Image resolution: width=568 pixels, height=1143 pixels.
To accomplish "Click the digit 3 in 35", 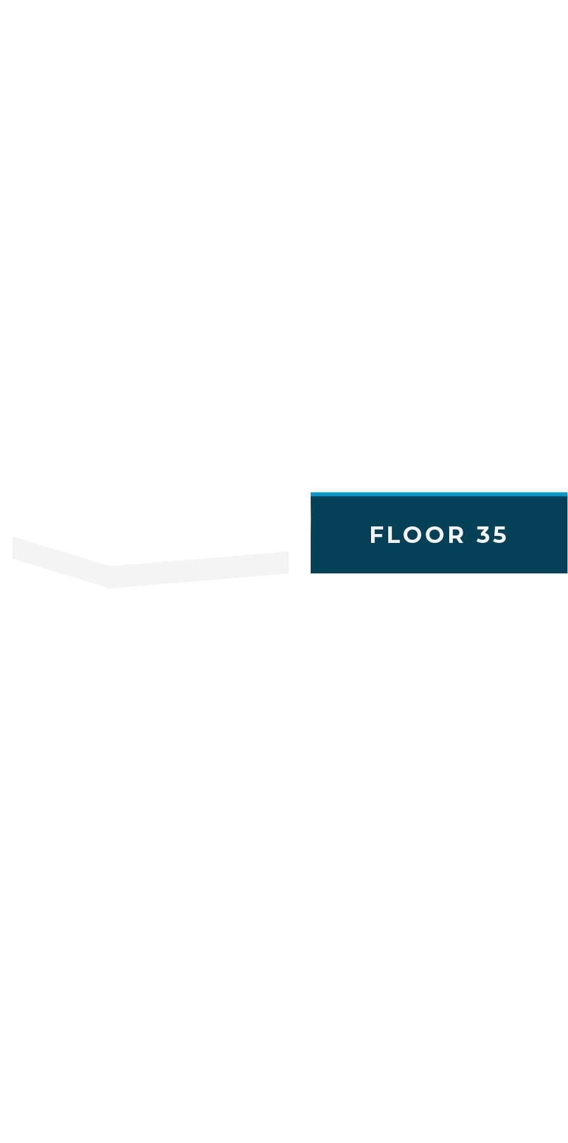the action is click(483, 535).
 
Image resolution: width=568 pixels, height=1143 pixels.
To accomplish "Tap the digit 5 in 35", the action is click(500, 535).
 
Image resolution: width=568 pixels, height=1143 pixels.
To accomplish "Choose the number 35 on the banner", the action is click(492, 535).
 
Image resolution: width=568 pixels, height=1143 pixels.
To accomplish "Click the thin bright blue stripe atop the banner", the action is click(439, 494).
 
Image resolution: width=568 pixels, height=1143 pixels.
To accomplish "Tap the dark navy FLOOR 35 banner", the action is click(439, 533).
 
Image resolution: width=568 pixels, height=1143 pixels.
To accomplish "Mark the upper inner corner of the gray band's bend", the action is click(110, 566).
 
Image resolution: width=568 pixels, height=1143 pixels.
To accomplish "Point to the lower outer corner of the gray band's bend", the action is click(110, 588).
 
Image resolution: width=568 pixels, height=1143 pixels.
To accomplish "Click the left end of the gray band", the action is click(12, 548).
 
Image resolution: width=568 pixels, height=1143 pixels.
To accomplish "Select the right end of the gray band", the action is click(288, 563).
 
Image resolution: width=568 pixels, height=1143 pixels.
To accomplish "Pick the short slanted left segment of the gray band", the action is click(61, 563).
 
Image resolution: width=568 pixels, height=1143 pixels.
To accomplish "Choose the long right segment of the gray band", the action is click(199, 570).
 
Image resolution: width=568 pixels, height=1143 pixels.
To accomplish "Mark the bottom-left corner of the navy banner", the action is click(311, 573).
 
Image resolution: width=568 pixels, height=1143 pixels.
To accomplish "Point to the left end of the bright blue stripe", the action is click(311, 494).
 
